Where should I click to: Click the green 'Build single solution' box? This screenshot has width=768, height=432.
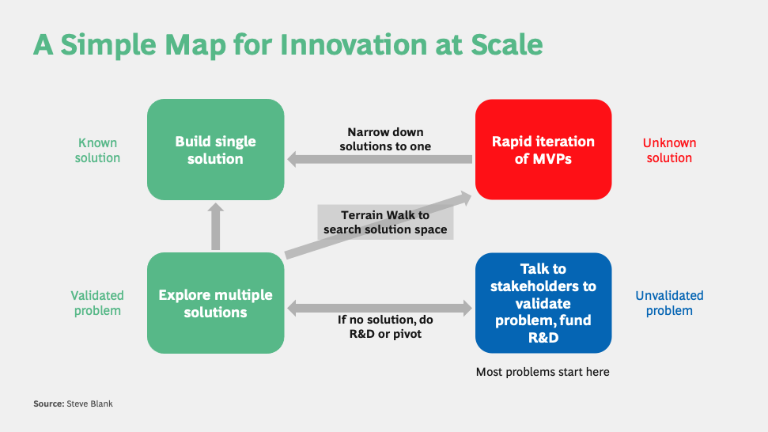(215, 150)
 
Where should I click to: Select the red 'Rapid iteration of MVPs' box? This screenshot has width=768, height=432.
(543, 150)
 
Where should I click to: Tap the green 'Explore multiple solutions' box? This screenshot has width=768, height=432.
(215, 303)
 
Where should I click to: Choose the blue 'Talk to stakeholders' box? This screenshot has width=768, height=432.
(543, 303)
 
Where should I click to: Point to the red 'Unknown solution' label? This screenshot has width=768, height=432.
(668, 150)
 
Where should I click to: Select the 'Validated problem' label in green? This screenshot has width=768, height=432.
(97, 303)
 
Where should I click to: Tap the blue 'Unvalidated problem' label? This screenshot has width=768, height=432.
(668, 303)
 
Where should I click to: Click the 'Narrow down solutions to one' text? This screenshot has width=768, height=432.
(385, 139)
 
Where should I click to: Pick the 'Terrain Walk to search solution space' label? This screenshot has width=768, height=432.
(385, 222)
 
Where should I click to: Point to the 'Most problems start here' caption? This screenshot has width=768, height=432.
(543, 372)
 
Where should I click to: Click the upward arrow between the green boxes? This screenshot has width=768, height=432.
(215, 226)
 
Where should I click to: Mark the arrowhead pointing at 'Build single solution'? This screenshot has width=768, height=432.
(293, 160)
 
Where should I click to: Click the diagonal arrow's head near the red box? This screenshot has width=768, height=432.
(464, 196)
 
